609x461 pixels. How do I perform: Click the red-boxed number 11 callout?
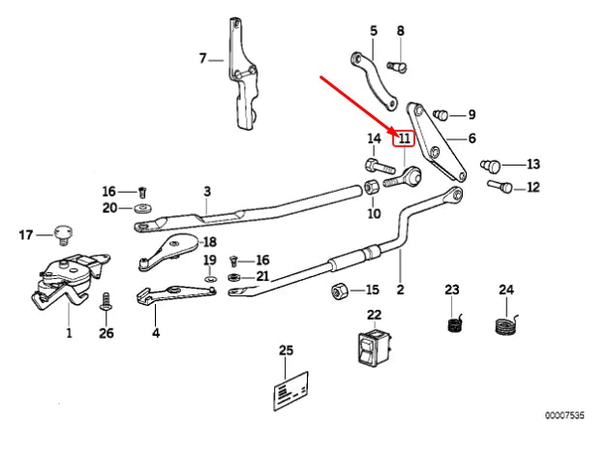[x=404, y=138]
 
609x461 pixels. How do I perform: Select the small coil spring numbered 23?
[x=453, y=324]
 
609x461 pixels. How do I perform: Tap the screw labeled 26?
[x=107, y=304]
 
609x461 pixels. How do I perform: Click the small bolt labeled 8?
[x=396, y=67]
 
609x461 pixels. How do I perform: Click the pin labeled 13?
[x=495, y=167]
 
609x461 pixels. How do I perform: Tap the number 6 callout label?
[x=472, y=139]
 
